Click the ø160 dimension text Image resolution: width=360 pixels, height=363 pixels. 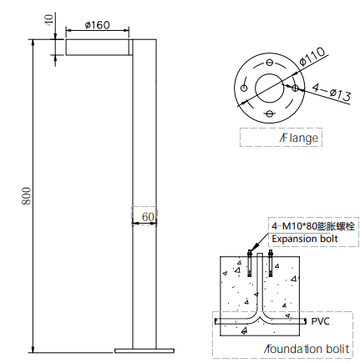[x=98, y=25]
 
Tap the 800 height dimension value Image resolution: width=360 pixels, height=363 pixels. [x=27, y=196]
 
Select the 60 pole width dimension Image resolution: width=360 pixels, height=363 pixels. [x=148, y=217]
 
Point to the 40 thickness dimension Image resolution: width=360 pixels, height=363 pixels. [x=49, y=20]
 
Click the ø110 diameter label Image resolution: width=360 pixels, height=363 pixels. [x=312, y=57]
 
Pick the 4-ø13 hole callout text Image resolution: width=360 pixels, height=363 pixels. [x=332, y=92]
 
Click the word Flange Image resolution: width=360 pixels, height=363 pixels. [x=299, y=138]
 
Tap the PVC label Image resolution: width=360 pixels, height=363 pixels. [x=320, y=321]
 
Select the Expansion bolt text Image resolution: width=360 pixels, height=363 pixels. [x=305, y=239]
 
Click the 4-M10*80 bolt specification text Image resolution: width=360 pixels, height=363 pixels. [x=313, y=226]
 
